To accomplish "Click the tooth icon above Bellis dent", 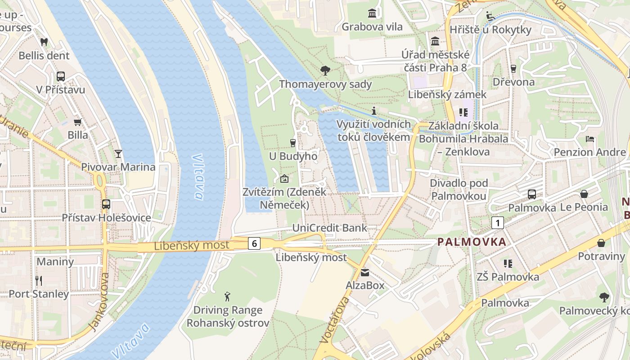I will click(44, 42).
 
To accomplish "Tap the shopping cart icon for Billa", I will click(77, 122).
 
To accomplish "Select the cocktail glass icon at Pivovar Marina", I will click(118, 154).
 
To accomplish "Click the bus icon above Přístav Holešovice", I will click(106, 204).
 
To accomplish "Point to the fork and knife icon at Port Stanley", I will click(39, 281).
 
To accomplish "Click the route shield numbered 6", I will click(254, 243).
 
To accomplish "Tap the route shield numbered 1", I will click(497, 222).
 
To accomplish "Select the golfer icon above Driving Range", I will click(228, 297).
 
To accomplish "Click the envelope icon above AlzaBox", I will click(364, 272).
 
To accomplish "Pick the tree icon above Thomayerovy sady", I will click(325, 70).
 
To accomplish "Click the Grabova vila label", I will click(372, 27).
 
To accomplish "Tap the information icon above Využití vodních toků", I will click(373, 111).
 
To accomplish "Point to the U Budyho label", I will click(293, 156).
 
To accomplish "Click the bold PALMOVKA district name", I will click(472, 242).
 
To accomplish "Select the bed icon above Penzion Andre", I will click(589, 139).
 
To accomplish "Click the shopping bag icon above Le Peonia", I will click(584, 194).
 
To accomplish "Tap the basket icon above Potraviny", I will click(601, 243).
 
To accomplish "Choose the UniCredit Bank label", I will click(329, 228).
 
